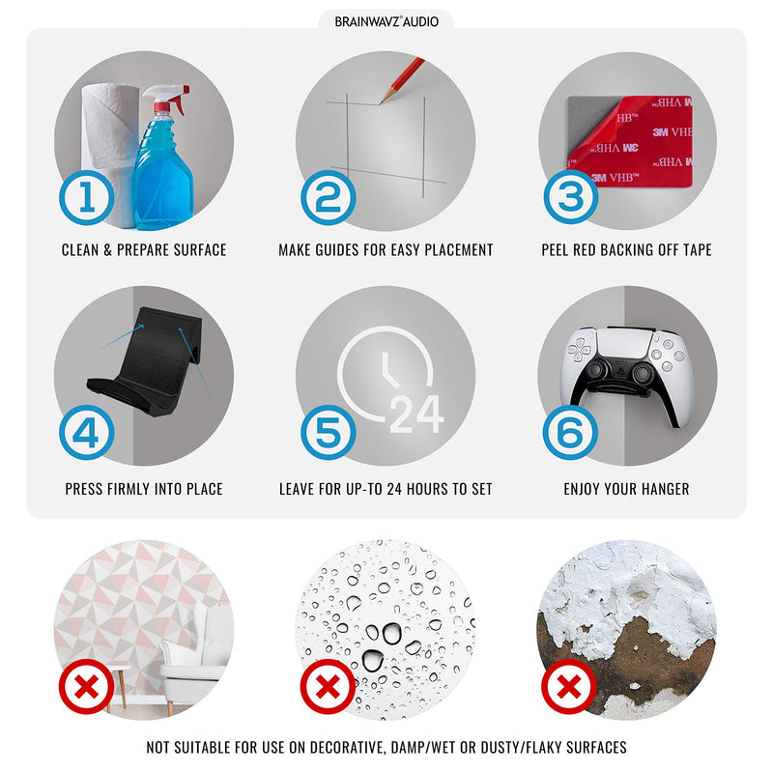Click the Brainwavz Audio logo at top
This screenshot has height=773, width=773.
click(386, 21)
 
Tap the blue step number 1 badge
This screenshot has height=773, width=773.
click(87, 197)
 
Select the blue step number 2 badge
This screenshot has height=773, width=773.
click(329, 197)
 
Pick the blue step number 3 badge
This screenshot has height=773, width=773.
click(571, 197)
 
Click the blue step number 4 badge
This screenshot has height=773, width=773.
click(87, 432)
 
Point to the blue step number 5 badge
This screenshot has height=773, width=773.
click(329, 432)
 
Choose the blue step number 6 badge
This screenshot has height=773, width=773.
click(570, 432)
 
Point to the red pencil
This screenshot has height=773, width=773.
click(402, 80)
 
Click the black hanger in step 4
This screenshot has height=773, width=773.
click(146, 362)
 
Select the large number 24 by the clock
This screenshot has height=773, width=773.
click(417, 415)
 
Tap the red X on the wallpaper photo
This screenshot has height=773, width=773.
click(86, 686)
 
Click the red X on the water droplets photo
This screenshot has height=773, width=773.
click(328, 686)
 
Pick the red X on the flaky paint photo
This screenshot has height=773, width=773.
click(569, 686)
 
